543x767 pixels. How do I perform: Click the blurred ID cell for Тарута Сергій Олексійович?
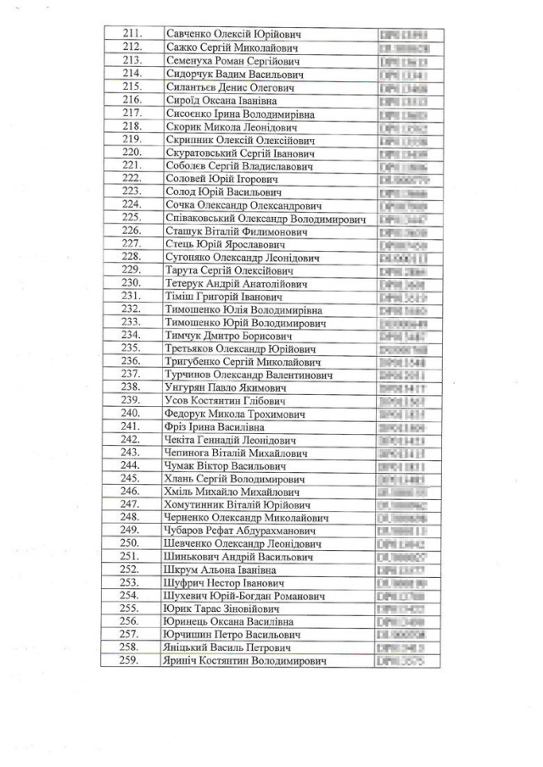(x=404, y=270)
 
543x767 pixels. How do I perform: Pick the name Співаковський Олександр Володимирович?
(x=264, y=218)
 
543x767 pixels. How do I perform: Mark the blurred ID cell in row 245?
(x=404, y=479)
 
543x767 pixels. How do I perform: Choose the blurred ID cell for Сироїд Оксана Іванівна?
(x=404, y=100)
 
